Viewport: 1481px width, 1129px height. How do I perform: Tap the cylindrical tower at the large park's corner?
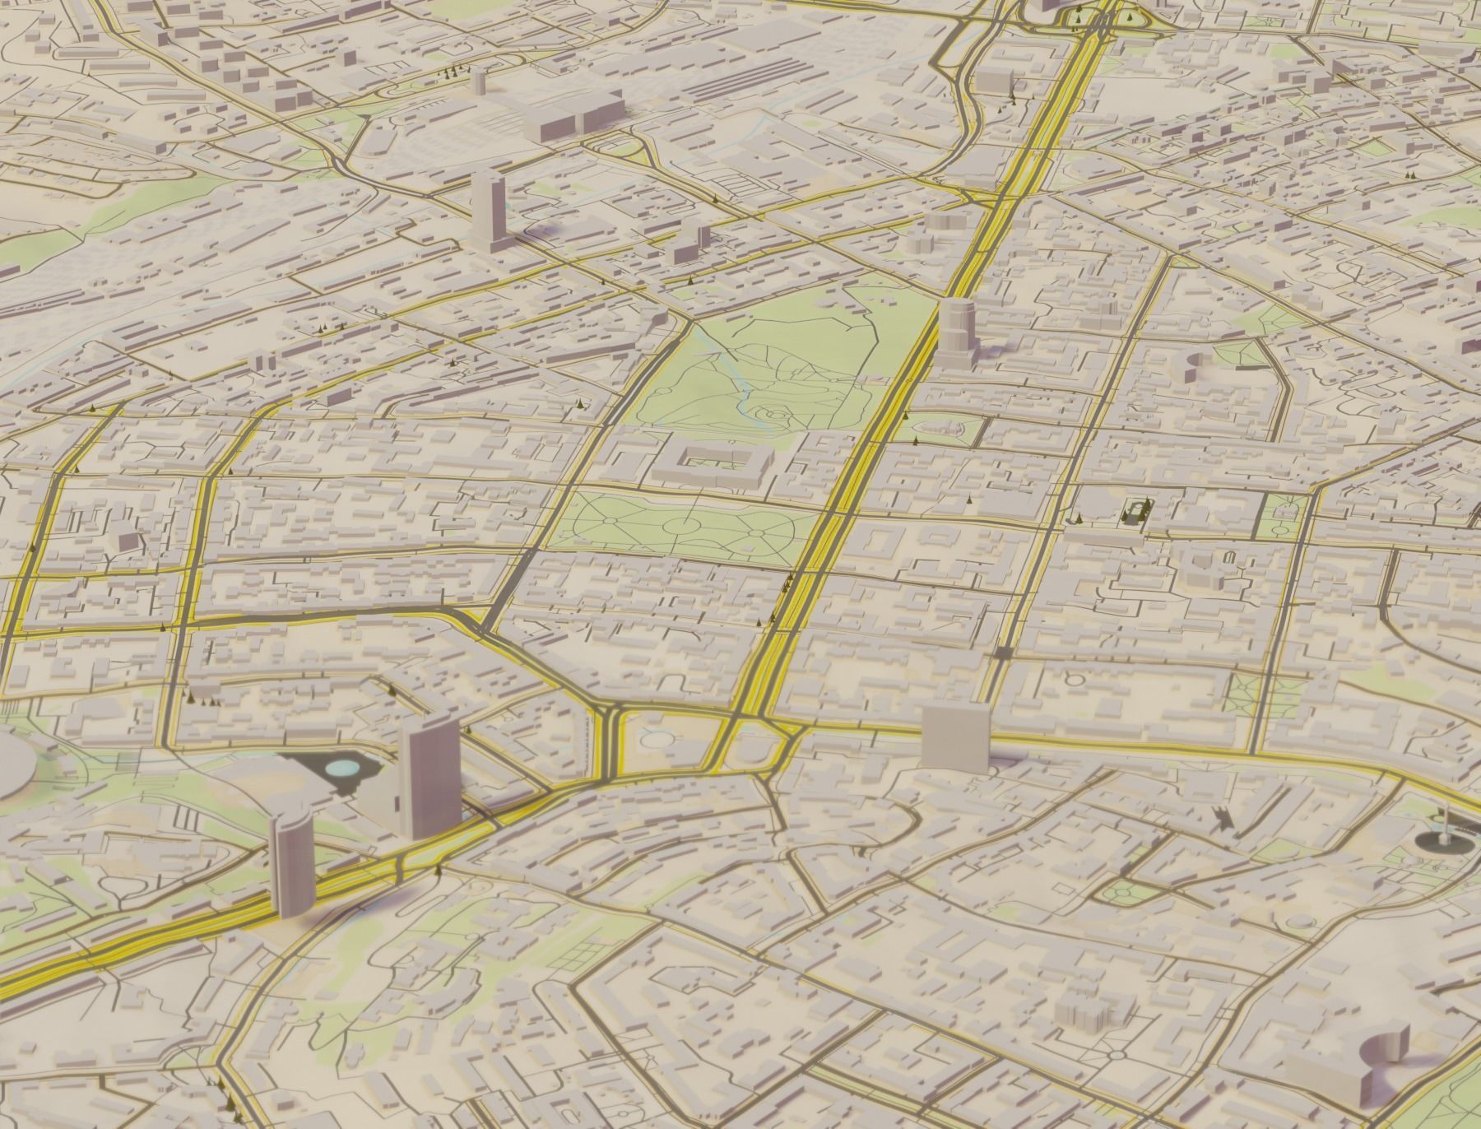coord(955,328)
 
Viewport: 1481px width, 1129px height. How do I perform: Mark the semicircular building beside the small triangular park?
coord(1194,364)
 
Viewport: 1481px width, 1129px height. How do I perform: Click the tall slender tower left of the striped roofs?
coord(478,86)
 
